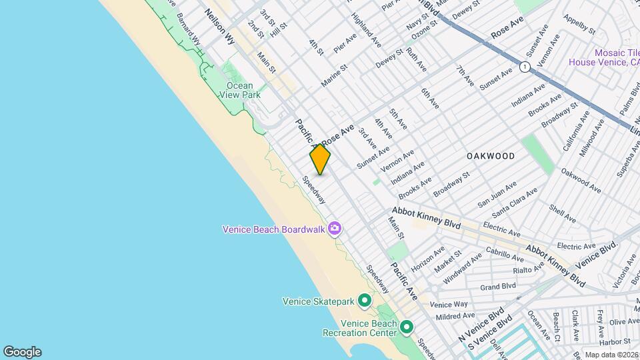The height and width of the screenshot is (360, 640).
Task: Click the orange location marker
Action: pos(320,159)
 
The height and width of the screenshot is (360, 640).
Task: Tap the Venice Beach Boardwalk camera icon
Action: pos(335,229)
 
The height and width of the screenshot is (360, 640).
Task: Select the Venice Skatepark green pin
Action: pos(365,301)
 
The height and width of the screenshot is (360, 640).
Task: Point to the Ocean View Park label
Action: pos(239,90)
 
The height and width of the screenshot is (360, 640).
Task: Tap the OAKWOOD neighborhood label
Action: pos(491,156)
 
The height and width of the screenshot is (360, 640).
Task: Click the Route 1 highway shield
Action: pos(525,67)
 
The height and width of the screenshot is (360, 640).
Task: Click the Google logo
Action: pos(22,351)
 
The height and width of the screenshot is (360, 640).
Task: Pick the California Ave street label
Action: pos(575,133)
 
